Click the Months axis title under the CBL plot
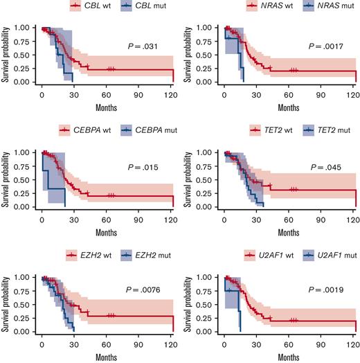107,106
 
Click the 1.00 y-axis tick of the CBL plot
26,29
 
